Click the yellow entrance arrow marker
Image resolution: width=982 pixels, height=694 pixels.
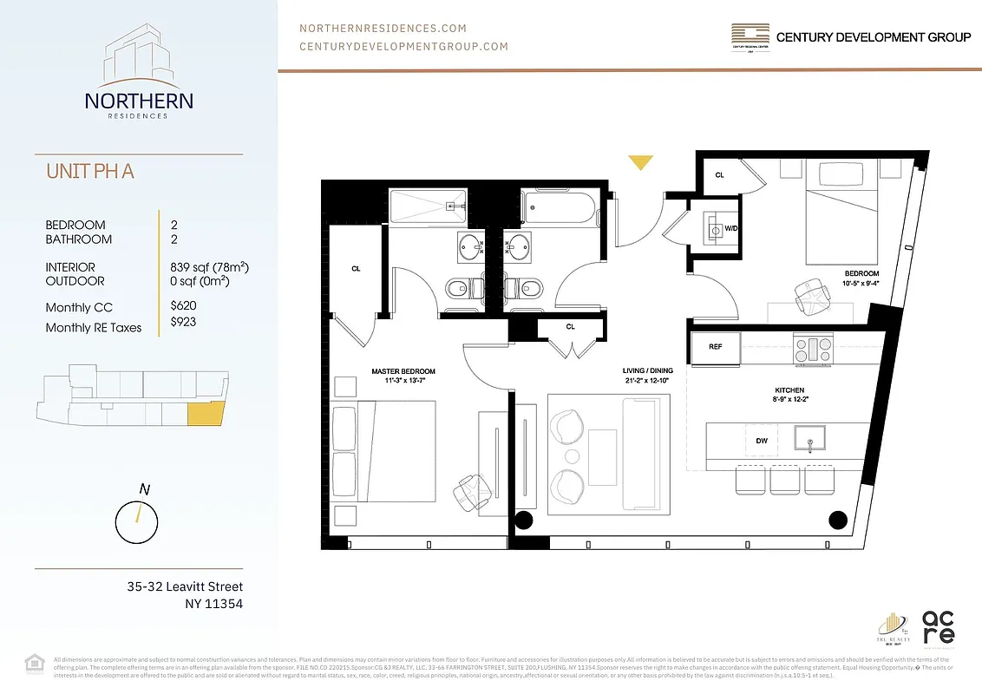pyautogui.click(x=641, y=162)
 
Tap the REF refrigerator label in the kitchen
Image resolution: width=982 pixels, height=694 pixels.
pyautogui.click(x=716, y=346)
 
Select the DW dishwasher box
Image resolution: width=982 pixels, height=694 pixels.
pyautogui.click(x=761, y=441)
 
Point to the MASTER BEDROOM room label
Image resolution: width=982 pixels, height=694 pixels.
pyautogui.click(x=403, y=371)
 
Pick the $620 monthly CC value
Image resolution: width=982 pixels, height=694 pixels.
pyautogui.click(x=183, y=306)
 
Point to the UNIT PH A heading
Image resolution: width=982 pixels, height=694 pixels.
pyautogui.click(x=90, y=172)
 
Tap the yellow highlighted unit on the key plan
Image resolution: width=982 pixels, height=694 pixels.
pyautogui.click(x=206, y=414)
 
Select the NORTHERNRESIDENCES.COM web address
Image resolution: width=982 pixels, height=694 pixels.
pyautogui.click(x=383, y=29)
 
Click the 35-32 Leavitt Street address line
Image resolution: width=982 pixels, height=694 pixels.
pyautogui.click(x=185, y=587)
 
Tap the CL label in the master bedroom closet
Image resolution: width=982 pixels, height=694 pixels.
pyautogui.click(x=356, y=269)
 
